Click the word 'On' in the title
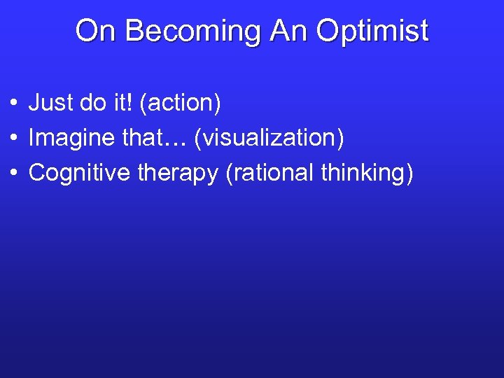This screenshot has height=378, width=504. (92, 31)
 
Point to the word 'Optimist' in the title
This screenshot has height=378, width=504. (372, 31)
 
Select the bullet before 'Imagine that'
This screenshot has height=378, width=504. (14, 139)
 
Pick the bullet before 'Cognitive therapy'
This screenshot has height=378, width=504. (14, 173)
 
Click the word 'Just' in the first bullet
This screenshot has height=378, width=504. (50, 104)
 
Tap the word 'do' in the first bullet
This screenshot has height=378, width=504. (93, 104)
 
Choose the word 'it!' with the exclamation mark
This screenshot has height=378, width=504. (124, 104)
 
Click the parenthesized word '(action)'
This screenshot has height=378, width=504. (181, 104)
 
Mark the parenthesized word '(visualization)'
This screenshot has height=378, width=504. (269, 138)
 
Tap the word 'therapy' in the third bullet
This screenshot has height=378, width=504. (177, 172)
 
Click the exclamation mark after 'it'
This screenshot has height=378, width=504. (132, 104)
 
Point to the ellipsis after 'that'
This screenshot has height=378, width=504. (177, 143)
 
